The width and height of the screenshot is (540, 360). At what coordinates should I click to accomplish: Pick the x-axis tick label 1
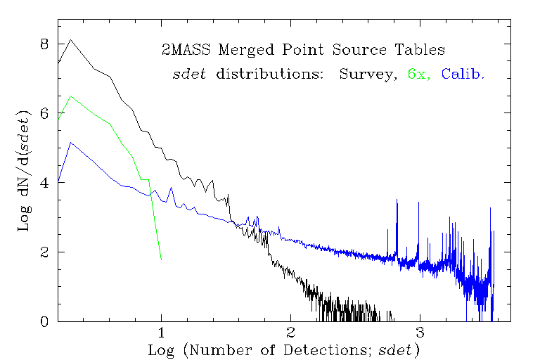pos(162,333)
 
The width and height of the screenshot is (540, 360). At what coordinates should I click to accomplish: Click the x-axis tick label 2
pos(290,333)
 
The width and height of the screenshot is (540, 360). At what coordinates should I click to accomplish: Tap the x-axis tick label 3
pos(420,333)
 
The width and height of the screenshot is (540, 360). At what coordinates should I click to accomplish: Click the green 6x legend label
pos(418,74)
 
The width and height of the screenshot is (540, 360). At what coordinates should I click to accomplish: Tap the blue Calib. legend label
pos(463,74)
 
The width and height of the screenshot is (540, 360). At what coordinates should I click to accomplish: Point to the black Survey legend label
pos(364,74)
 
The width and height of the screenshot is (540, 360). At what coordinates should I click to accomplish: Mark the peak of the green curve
pos(70,96)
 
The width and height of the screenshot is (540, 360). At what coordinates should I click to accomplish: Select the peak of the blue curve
pos(71,143)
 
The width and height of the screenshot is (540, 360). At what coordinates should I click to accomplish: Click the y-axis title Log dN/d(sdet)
pos(22,170)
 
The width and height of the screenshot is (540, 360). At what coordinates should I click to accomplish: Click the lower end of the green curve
pos(161,259)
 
